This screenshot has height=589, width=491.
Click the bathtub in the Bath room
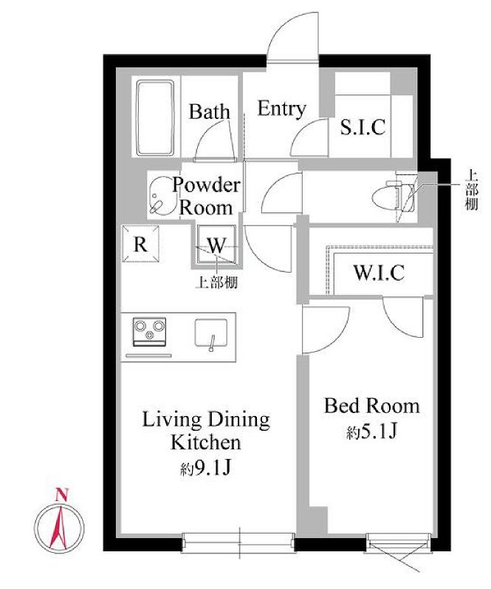coord(155,118)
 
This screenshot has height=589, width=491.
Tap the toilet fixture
coord(390,195)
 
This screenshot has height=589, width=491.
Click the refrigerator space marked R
coord(140,244)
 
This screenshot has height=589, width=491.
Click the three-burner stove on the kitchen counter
coord(149,331)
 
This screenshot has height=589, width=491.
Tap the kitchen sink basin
coord(211,333)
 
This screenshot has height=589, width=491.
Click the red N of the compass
coord(61,495)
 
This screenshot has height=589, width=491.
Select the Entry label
coord(281,109)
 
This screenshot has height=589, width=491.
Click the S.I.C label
coord(363,127)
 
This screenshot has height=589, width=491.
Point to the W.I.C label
coord(379,273)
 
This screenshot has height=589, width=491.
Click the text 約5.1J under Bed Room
coord(371,432)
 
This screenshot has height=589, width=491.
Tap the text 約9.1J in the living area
coord(205,468)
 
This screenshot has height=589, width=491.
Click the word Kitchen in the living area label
coord(206,442)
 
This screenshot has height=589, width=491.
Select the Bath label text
coord(209,111)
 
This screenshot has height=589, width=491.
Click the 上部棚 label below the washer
coord(216,283)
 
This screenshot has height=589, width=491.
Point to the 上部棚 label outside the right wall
coord(472,190)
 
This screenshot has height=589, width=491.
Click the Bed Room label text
coord(371,406)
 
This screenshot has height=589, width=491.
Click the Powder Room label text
coord(206,197)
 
